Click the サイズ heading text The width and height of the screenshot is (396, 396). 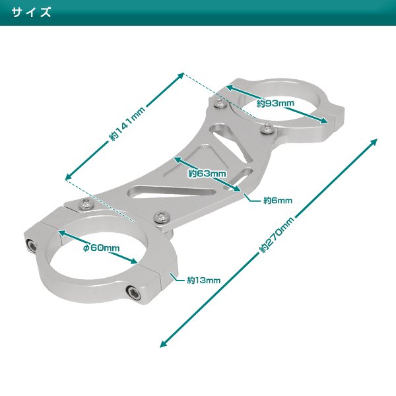(x=32, y=13)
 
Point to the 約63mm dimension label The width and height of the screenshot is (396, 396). (x=207, y=174)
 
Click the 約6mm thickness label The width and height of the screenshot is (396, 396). (x=277, y=200)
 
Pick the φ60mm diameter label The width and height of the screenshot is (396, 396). (x=101, y=247)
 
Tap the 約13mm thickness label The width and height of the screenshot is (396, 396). (x=203, y=280)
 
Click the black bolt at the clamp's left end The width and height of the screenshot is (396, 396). (x=32, y=246)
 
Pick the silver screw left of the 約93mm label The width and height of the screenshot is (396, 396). (x=220, y=102)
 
